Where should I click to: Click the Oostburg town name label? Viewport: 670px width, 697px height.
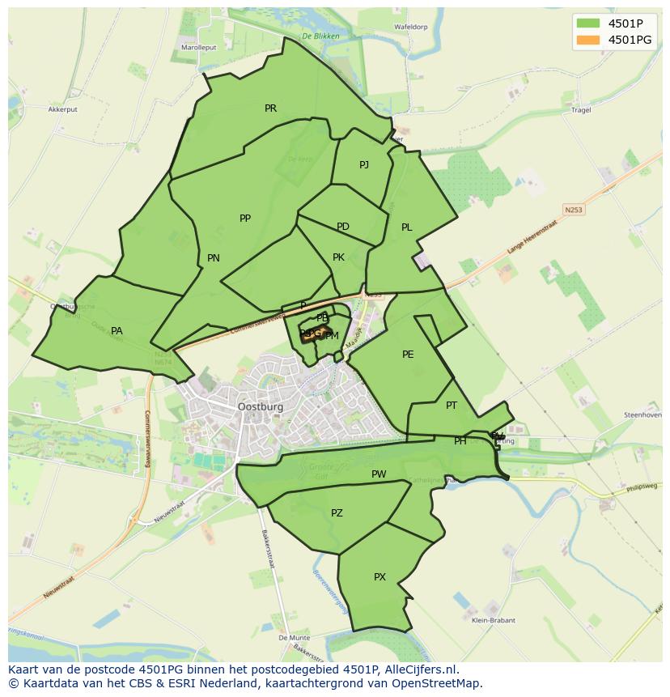tap(261, 407)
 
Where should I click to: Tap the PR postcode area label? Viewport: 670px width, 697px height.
tap(270, 108)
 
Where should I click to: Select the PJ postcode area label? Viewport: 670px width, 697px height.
tap(364, 165)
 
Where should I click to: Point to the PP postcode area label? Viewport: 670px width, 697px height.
tap(245, 219)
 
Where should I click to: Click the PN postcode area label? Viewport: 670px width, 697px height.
tap(214, 259)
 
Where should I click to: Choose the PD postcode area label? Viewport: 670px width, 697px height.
tap(343, 227)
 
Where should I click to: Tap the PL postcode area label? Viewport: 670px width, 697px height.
tap(407, 227)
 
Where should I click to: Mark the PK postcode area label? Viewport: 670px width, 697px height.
tap(339, 257)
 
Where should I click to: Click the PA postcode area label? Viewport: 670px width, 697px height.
tap(117, 331)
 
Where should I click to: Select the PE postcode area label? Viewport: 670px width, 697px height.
tap(408, 355)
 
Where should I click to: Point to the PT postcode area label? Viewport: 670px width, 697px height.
tap(452, 406)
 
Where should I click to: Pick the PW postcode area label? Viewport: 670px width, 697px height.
tap(379, 474)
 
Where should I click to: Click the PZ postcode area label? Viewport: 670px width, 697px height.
tap(337, 513)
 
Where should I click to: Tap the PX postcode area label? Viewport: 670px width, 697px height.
tap(380, 577)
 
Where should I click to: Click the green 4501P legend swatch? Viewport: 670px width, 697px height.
tap(588, 23)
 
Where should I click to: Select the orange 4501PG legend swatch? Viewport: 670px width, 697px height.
tap(588, 39)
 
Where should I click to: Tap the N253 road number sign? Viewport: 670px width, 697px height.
tap(574, 210)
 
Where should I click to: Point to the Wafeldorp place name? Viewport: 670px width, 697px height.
tap(410, 27)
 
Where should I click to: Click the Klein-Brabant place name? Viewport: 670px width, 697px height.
tap(494, 621)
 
